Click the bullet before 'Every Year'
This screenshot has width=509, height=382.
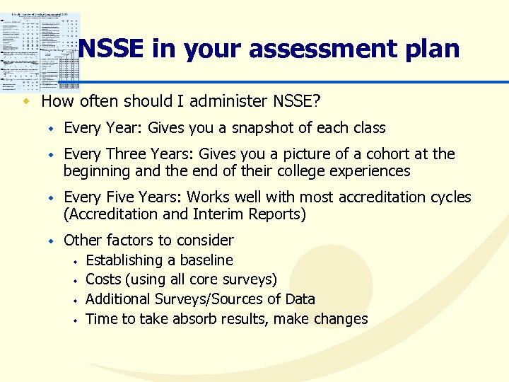tap(51, 129)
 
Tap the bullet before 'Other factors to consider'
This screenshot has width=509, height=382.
tap(51, 241)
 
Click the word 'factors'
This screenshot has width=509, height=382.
tap(125, 241)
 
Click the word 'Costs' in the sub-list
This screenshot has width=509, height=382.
tap(103, 280)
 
